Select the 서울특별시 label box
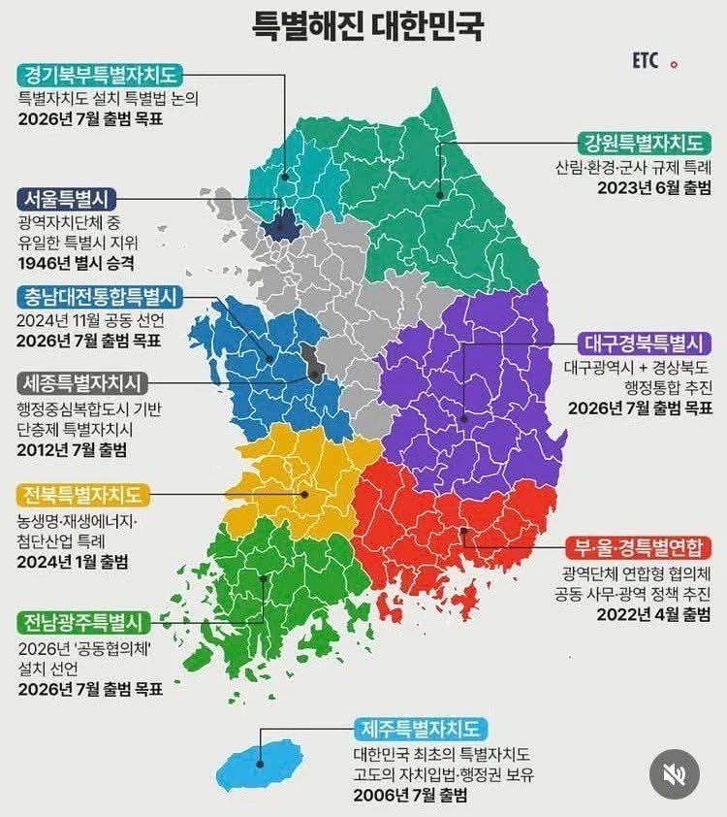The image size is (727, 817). [x=72, y=199]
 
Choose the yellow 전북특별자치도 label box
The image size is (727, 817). [x=83, y=495]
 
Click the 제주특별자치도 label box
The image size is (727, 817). [x=421, y=729]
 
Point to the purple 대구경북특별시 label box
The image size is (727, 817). [x=644, y=343]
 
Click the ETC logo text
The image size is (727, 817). [x=645, y=61]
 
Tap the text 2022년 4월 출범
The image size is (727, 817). [x=654, y=614]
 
